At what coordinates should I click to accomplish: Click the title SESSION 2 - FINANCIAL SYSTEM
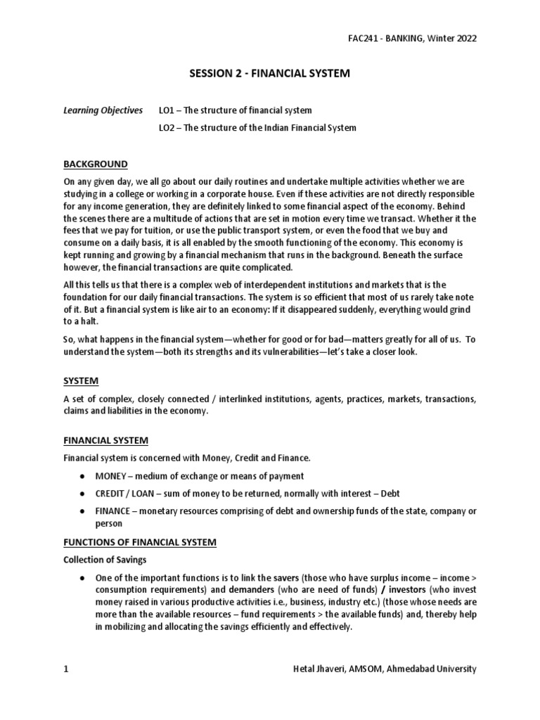pyautogui.click(x=269, y=74)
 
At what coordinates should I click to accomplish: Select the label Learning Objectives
pyautogui.click(x=103, y=111)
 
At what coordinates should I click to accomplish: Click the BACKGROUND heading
pyautogui.click(x=96, y=165)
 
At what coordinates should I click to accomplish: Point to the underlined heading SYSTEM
pyautogui.click(x=81, y=381)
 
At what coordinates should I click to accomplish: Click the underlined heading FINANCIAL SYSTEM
pyautogui.click(x=106, y=440)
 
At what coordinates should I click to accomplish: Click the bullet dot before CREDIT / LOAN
pyautogui.click(x=83, y=494)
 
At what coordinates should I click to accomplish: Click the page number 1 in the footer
pyautogui.click(x=66, y=669)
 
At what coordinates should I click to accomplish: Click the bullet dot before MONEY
pyautogui.click(x=83, y=476)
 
